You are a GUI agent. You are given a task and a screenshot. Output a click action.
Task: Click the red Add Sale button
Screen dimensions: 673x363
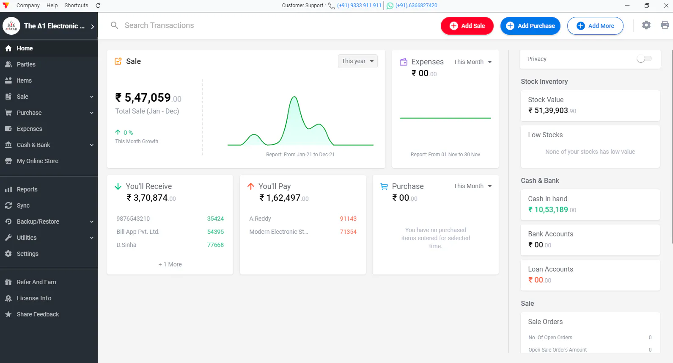coord(467,26)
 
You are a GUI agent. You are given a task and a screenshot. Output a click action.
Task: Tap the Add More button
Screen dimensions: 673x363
coord(595,26)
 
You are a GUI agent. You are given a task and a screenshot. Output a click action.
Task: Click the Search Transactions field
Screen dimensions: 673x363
coord(159,25)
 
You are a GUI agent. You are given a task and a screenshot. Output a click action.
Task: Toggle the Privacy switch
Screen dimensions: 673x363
coord(644,59)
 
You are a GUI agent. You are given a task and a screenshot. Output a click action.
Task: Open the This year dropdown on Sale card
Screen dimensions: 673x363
coord(357,61)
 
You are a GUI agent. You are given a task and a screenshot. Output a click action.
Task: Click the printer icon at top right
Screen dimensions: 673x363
coord(665,25)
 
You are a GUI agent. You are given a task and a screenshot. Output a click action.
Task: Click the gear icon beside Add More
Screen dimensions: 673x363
coord(646,25)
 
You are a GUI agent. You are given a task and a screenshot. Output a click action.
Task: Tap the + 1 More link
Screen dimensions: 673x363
coord(170,264)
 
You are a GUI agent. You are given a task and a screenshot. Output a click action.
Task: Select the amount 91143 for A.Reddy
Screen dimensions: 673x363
coord(348,219)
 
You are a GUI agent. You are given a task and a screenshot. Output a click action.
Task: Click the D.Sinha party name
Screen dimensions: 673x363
coord(126,245)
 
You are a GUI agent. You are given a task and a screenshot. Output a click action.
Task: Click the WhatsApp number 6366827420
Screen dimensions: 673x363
coord(416,6)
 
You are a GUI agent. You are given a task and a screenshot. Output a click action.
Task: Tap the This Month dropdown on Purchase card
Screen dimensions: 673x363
coord(472,186)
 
